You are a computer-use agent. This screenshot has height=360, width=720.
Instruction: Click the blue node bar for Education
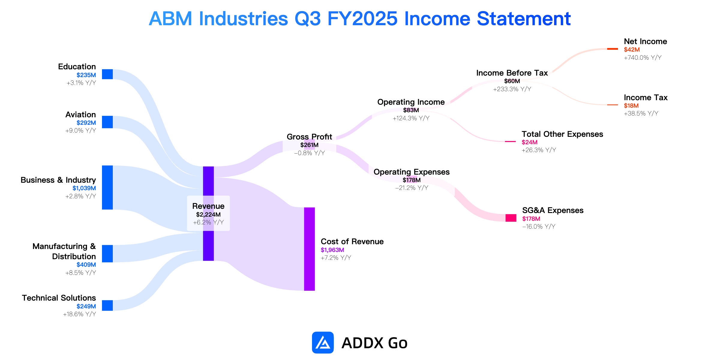click(x=107, y=74)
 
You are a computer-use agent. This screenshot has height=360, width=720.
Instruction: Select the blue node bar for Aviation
click(x=107, y=122)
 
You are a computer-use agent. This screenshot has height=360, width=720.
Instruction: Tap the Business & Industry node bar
click(x=107, y=187)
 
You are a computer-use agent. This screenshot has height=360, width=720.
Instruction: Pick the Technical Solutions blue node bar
click(x=107, y=305)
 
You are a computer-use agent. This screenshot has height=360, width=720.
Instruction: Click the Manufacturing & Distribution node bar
click(x=107, y=253)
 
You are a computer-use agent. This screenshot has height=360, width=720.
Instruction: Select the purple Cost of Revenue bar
click(x=309, y=249)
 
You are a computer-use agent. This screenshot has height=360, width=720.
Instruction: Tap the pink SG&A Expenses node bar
click(x=511, y=218)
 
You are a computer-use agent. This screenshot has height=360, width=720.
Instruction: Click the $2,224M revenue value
click(x=208, y=214)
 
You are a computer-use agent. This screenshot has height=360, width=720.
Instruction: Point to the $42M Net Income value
click(x=632, y=49)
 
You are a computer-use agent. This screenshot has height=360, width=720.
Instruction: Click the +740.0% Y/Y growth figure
click(x=643, y=58)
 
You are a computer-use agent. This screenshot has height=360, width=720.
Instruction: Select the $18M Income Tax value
click(x=631, y=106)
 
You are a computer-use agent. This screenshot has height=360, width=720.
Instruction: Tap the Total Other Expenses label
click(x=562, y=134)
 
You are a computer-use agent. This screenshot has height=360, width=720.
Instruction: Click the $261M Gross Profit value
click(x=309, y=145)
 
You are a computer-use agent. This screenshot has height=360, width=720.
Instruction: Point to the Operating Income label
click(x=411, y=102)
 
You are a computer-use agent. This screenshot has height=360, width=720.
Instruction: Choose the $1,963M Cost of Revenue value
click(x=332, y=250)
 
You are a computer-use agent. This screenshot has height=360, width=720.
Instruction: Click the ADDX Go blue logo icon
click(x=323, y=343)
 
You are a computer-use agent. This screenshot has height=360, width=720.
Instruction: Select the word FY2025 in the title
click(x=362, y=19)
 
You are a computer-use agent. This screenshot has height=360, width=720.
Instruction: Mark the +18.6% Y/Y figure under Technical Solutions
click(x=79, y=314)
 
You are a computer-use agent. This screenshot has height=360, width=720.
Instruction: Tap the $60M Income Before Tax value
click(x=512, y=81)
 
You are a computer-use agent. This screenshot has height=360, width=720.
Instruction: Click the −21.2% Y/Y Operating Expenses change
click(x=412, y=188)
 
